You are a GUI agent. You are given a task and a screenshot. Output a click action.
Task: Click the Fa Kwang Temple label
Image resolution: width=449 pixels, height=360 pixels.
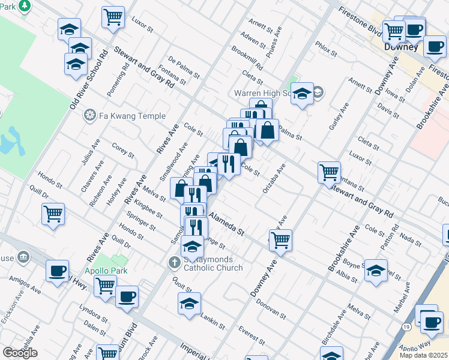tap(124, 115)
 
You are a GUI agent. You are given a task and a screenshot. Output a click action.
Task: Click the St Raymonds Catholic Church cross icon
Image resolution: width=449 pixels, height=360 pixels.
tap(174, 262)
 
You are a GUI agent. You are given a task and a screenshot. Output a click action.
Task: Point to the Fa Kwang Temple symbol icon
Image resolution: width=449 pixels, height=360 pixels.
tap(90, 115)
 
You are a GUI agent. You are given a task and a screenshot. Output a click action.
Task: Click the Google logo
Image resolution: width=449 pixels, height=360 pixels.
tap(20, 353)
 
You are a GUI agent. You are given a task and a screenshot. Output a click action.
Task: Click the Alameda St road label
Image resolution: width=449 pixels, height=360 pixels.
tap(226, 221)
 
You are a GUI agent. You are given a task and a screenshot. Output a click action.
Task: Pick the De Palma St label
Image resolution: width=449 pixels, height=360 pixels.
tap(184, 68)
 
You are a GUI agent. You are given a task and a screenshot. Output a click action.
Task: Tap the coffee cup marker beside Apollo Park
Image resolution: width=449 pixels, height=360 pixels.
tap(127, 296)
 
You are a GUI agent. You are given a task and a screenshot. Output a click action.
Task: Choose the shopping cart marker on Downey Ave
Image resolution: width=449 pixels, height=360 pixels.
tap(280, 240)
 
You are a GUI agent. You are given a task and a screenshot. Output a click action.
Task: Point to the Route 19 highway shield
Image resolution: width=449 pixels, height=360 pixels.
tap(407, 326)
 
